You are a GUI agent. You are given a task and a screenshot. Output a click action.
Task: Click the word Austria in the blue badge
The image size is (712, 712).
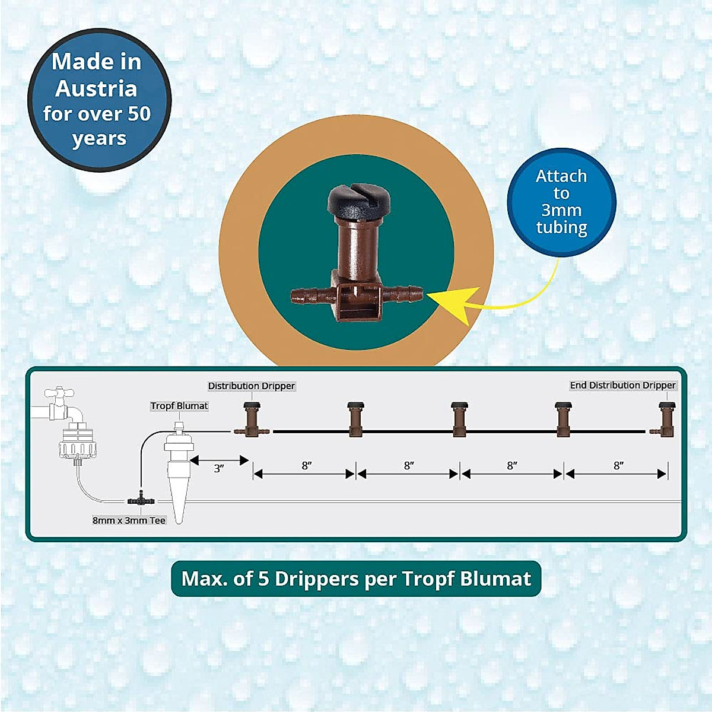(96, 88)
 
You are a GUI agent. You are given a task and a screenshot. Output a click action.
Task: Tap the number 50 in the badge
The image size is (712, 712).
(138, 113)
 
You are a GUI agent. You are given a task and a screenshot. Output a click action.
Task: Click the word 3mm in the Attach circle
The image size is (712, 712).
(561, 210)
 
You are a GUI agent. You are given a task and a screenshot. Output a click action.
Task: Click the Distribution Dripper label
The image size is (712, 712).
(251, 386)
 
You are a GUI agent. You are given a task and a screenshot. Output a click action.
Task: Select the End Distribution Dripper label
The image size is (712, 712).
(622, 385)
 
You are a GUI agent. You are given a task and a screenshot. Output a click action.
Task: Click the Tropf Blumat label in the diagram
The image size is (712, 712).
(179, 406)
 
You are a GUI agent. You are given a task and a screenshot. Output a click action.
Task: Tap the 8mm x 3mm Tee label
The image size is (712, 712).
(129, 520)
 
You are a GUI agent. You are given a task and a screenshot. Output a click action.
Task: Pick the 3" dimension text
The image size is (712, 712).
(219, 469)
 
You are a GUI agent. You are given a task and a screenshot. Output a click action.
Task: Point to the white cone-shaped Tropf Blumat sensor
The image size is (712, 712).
(179, 475)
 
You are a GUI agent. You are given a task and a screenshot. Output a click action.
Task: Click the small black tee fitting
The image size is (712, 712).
(141, 500)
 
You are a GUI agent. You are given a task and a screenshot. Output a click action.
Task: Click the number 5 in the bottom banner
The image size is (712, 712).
(263, 578)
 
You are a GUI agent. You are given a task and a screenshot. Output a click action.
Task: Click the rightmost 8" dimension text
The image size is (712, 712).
(618, 466)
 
